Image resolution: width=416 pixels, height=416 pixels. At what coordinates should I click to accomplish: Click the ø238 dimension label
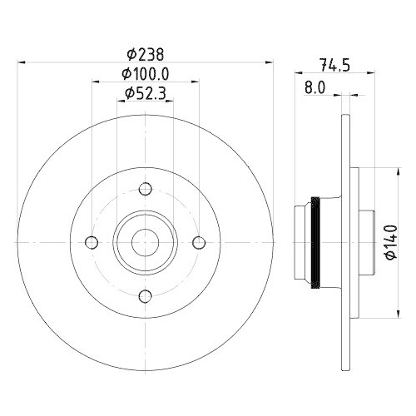(x=146, y=54)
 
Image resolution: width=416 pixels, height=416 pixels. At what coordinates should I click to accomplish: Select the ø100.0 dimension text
(x=146, y=75)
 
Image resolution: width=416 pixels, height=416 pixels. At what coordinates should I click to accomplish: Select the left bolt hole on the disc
(x=92, y=242)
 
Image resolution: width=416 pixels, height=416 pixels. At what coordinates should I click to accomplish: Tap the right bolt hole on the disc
(x=199, y=242)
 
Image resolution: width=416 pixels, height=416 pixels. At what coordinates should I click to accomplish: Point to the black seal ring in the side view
(x=314, y=242)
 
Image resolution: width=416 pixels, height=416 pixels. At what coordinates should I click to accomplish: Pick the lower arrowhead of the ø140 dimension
(x=397, y=313)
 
